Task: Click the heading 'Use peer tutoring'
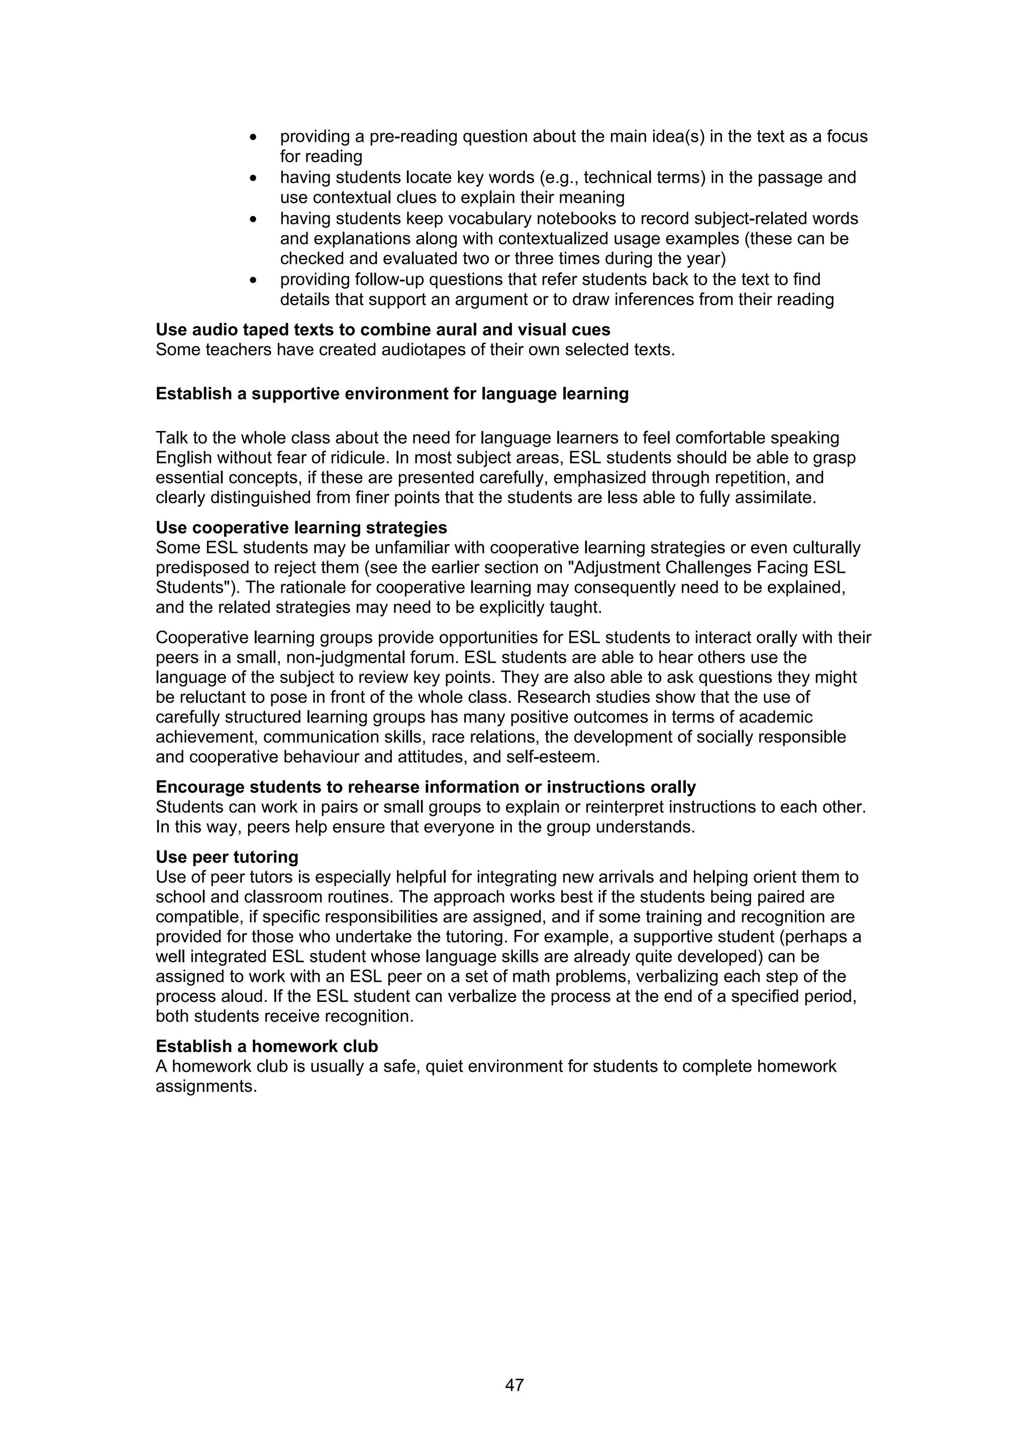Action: [x=227, y=857]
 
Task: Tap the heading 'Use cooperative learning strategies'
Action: [x=301, y=528]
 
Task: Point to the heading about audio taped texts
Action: [x=383, y=330]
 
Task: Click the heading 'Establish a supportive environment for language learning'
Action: [x=392, y=394]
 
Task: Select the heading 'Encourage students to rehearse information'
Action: [x=426, y=787]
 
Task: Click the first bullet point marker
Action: [x=254, y=137]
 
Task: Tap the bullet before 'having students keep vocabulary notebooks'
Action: [x=254, y=220]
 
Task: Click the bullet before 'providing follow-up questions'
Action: [x=254, y=280]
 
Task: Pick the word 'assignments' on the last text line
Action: [x=206, y=1086]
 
